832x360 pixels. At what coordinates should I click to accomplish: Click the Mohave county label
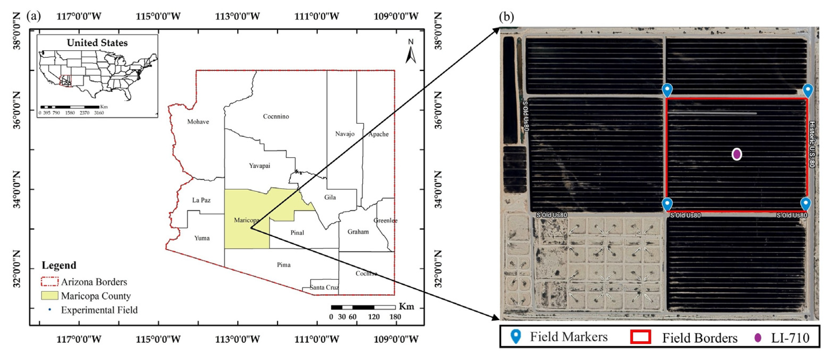click(x=198, y=122)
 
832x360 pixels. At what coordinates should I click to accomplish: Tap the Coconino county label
click(x=276, y=116)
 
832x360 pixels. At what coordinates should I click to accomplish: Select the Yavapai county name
click(x=259, y=166)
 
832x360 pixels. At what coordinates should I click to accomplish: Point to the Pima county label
click(x=284, y=265)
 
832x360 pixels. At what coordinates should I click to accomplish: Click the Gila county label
click(x=330, y=197)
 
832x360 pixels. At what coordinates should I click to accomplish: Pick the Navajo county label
click(x=345, y=134)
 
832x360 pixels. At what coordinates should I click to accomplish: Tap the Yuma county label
click(x=202, y=238)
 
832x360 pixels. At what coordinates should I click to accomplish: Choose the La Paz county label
click(x=201, y=200)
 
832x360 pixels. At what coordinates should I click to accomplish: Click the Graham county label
click(x=358, y=232)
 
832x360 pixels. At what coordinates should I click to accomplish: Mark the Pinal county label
click(x=297, y=233)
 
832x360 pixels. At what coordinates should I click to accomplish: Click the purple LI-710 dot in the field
click(x=737, y=154)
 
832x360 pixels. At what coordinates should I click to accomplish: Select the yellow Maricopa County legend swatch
click(x=50, y=296)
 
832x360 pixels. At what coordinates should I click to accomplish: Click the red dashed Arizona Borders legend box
click(x=50, y=282)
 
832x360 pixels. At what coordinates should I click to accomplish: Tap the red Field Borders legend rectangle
click(x=641, y=337)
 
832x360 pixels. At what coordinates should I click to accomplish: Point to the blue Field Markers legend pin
click(x=516, y=336)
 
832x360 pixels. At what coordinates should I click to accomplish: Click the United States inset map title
click(x=97, y=43)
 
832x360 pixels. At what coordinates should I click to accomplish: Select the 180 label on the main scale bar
click(x=395, y=317)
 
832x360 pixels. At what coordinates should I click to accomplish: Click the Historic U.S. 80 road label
click(x=812, y=144)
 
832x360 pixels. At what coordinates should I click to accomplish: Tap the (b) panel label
click(x=506, y=17)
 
